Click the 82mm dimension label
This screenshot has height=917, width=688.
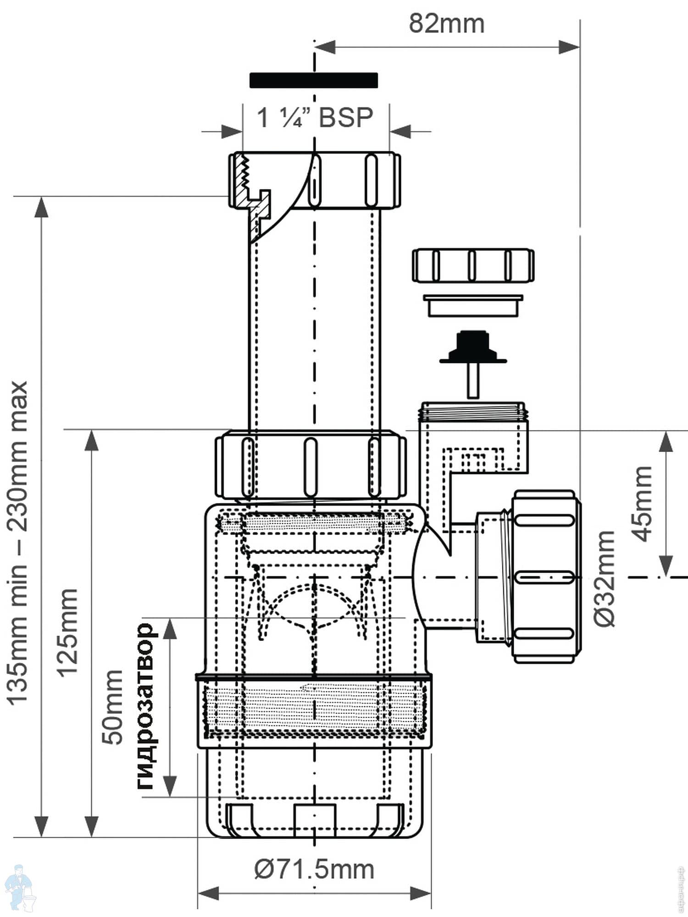click(446, 24)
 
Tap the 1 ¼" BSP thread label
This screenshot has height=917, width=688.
click(315, 118)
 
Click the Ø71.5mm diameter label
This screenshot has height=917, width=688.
click(314, 869)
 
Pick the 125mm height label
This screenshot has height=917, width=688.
click(67, 632)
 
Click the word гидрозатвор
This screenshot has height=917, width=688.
click(145, 706)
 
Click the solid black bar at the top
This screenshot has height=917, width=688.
click(314, 80)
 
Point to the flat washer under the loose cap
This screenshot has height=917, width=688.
click(473, 305)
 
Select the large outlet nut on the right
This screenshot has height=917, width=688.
click(546, 576)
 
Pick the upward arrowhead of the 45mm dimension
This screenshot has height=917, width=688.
click(666, 442)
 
